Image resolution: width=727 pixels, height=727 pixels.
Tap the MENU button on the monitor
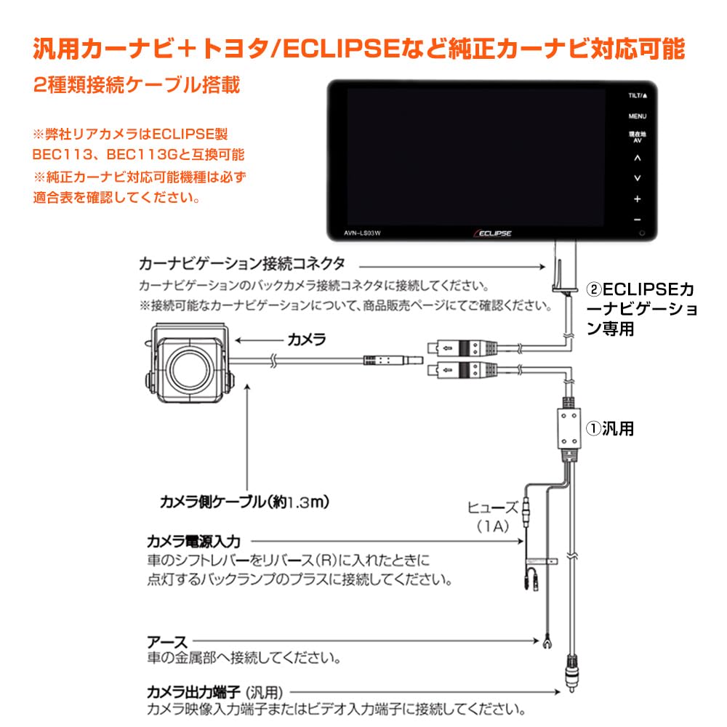click(x=637, y=116)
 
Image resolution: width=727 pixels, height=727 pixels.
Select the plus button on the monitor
click(x=637, y=198)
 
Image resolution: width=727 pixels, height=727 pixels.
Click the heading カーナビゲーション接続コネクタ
click(x=241, y=263)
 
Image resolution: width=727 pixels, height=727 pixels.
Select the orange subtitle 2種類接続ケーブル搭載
click(x=137, y=85)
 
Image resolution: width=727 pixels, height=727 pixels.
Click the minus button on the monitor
click(x=637, y=220)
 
